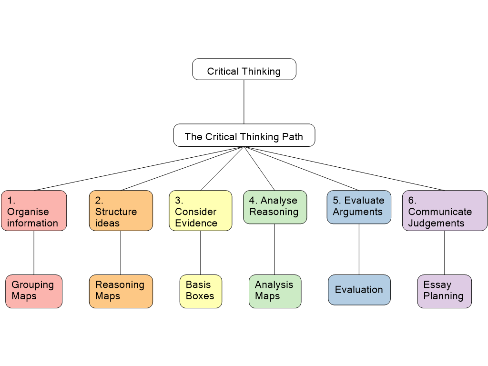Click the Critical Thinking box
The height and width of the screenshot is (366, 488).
pos(244,70)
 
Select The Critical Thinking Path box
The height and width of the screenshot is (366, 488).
pos(244,135)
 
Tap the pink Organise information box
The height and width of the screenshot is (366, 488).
pos(34,211)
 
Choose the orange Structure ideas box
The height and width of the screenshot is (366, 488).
pos(121,211)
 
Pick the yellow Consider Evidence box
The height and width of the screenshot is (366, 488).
pos(201,211)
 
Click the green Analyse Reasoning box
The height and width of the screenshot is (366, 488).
pos(275,207)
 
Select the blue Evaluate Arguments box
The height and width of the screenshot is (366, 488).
pos(359,207)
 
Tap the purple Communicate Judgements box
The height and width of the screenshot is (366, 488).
pos(445,211)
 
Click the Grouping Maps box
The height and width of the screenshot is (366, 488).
pos(34,291)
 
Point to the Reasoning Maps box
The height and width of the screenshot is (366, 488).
pos(121,291)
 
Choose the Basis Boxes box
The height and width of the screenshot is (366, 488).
pos(201,291)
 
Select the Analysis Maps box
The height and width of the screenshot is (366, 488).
pos(275,291)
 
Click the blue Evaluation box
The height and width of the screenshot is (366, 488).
pos(359,290)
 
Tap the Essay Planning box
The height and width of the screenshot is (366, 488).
pos(445,291)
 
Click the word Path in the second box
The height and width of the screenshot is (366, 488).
pos(292,137)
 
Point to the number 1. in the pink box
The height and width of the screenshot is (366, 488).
pos(11,201)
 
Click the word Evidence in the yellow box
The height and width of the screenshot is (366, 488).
pos(196,223)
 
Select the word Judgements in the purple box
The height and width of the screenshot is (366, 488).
pos(436,223)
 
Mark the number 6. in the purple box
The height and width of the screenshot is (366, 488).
pos(412,201)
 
